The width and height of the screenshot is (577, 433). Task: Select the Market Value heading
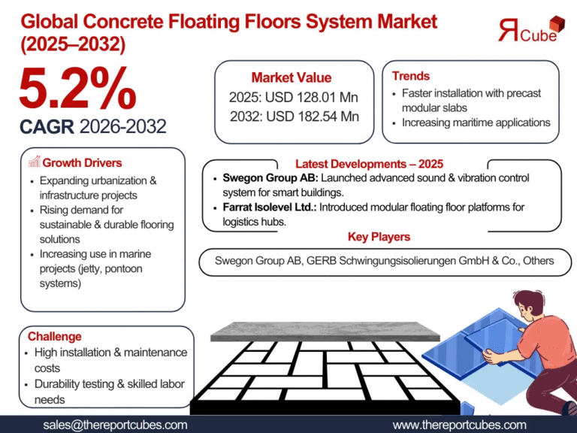(x=292, y=77)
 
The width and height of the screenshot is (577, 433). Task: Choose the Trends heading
(x=411, y=76)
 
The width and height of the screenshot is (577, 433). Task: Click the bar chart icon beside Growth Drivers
(x=34, y=162)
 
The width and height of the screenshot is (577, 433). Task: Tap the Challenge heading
(x=55, y=336)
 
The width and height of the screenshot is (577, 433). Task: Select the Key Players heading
(x=379, y=237)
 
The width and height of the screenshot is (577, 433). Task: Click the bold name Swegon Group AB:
(x=255, y=178)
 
